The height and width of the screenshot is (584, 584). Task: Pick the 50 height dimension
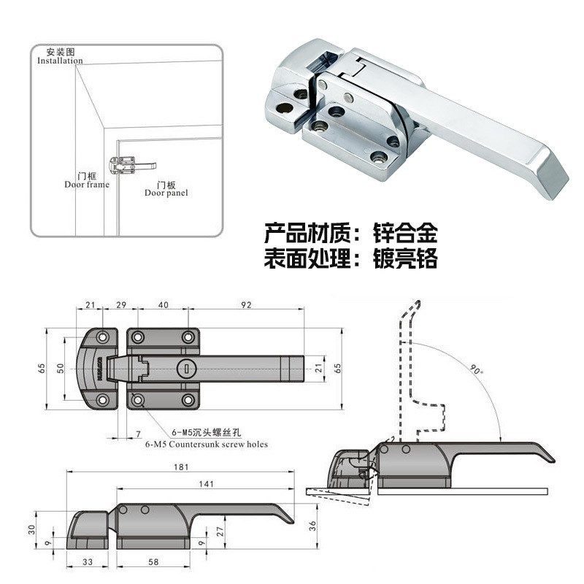(64, 367)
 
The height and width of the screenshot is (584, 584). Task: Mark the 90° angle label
(477, 371)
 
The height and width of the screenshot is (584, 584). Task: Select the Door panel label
(166, 193)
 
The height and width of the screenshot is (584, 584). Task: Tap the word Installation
(60, 61)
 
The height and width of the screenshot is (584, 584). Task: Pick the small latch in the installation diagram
(124, 165)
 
